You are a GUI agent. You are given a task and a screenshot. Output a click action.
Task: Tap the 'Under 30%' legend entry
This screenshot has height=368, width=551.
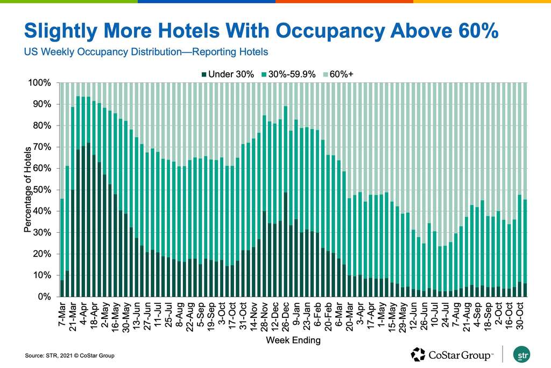231,74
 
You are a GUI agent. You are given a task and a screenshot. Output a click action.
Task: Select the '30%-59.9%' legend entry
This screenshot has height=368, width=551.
291,74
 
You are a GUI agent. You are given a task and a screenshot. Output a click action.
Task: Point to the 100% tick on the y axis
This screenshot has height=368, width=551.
40,83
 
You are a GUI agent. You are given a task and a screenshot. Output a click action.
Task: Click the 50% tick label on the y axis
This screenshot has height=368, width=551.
41,190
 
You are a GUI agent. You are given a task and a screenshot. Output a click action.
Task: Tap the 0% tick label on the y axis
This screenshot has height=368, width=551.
44,297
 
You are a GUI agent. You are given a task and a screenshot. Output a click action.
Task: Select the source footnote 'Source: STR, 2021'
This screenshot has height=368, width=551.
70,356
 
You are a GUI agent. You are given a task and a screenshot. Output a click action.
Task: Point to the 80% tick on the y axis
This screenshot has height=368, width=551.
41,126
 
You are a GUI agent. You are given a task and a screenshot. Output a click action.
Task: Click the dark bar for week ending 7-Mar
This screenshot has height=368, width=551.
62,288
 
